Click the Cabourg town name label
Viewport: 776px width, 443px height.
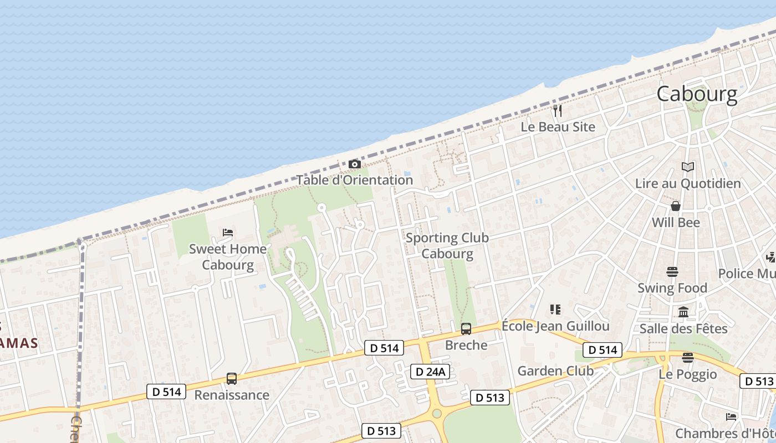697,94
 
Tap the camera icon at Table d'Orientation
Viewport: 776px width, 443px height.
354,164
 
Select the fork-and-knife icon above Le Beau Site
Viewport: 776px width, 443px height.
558,111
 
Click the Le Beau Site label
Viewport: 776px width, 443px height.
558,127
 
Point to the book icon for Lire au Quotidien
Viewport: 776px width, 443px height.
687,167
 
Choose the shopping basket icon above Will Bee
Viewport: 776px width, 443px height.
676,206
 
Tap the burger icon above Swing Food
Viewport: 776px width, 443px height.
672,272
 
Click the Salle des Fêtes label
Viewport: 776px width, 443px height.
683,329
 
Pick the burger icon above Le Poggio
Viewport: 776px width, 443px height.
688,358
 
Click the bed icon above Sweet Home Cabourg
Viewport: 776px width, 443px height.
227,233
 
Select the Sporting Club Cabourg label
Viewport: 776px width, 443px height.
447,246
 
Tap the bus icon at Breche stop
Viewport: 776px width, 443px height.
466,329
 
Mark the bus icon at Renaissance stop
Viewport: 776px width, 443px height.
232,379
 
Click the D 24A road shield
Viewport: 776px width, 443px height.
430,372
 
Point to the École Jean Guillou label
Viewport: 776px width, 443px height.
555,326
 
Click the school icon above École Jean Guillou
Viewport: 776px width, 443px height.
555,309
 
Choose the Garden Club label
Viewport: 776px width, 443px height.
555,371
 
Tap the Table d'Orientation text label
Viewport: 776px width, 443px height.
355,180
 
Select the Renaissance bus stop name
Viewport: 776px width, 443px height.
232,395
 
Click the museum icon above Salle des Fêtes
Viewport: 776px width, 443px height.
683,312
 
